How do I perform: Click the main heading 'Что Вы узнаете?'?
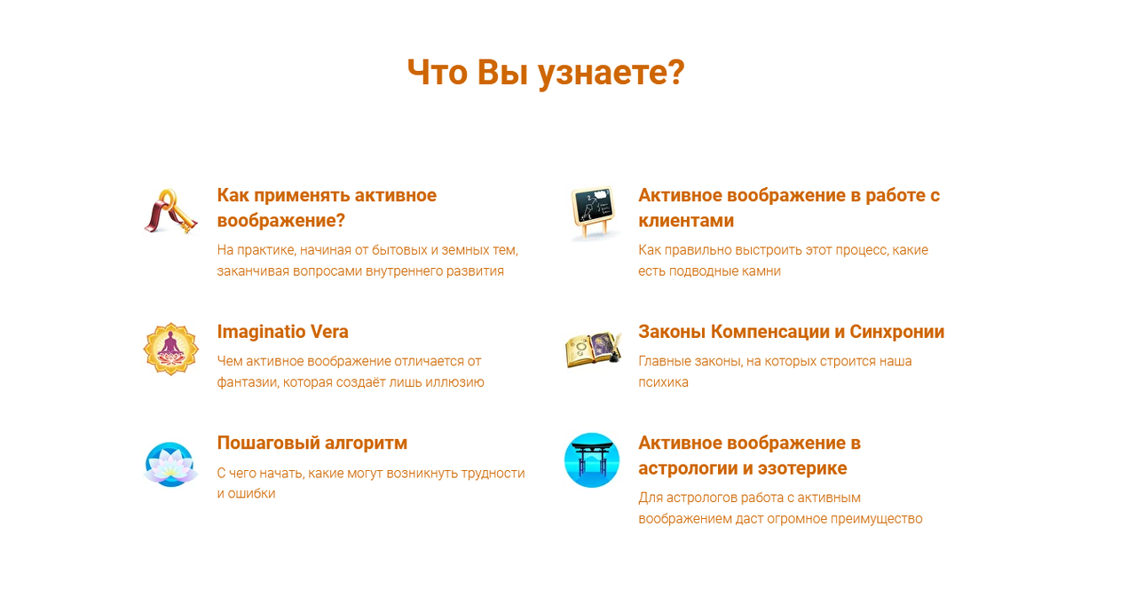pos(546,73)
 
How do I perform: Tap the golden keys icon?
pos(170,211)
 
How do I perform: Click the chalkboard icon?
pos(592,212)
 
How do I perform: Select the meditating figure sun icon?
pos(170,349)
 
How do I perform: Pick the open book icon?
pos(593,349)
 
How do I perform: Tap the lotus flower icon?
pos(170,464)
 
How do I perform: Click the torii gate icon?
pos(592,460)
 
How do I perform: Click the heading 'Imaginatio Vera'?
pos(282,332)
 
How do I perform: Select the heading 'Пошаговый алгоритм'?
pos(312,443)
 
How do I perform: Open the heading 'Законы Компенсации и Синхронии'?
pos(791,332)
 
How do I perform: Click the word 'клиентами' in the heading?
pos(686,221)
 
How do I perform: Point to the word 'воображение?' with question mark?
pos(281,221)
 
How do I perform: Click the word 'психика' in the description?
pos(663,382)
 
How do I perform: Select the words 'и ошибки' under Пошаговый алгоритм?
pos(246,493)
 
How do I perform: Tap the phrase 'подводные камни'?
pos(725,271)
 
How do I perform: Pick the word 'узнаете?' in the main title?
pos(611,74)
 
